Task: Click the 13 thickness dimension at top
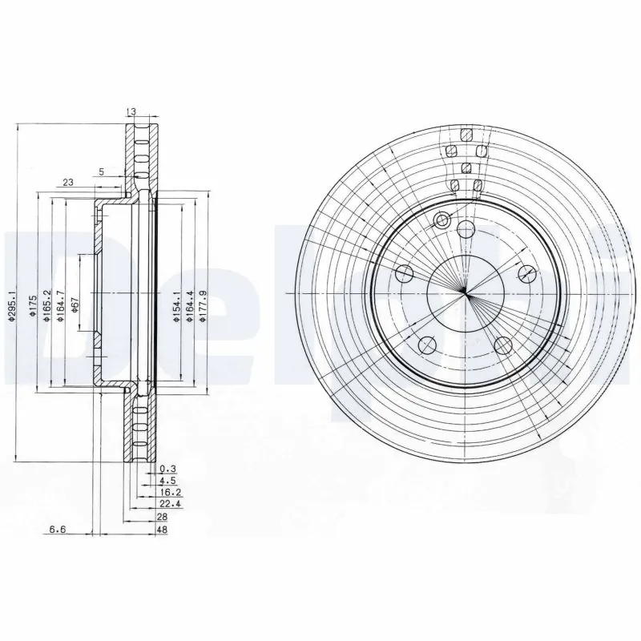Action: click(x=131, y=112)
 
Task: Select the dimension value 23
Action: click(x=68, y=183)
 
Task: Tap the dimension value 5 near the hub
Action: click(x=101, y=171)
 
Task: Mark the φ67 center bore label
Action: click(x=75, y=304)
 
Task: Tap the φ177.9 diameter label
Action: click(x=203, y=306)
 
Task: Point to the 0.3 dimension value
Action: click(x=167, y=468)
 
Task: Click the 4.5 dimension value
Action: click(x=167, y=481)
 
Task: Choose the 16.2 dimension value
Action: click(x=167, y=494)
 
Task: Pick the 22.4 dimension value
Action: click(x=167, y=506)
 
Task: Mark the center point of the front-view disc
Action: click(x=465, y=293)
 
